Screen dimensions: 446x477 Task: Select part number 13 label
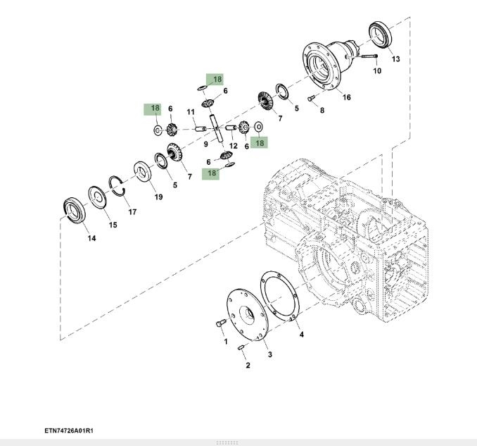point(395,59)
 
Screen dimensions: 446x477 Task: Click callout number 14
point(91,238)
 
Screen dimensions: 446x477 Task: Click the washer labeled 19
point(144,172)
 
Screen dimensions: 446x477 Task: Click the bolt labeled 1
point(219,324)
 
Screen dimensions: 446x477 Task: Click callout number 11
point(191,112)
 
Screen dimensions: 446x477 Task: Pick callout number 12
point(233,145)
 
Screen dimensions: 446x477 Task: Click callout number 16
point(346,97)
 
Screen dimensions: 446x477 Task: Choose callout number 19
point(158,197)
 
